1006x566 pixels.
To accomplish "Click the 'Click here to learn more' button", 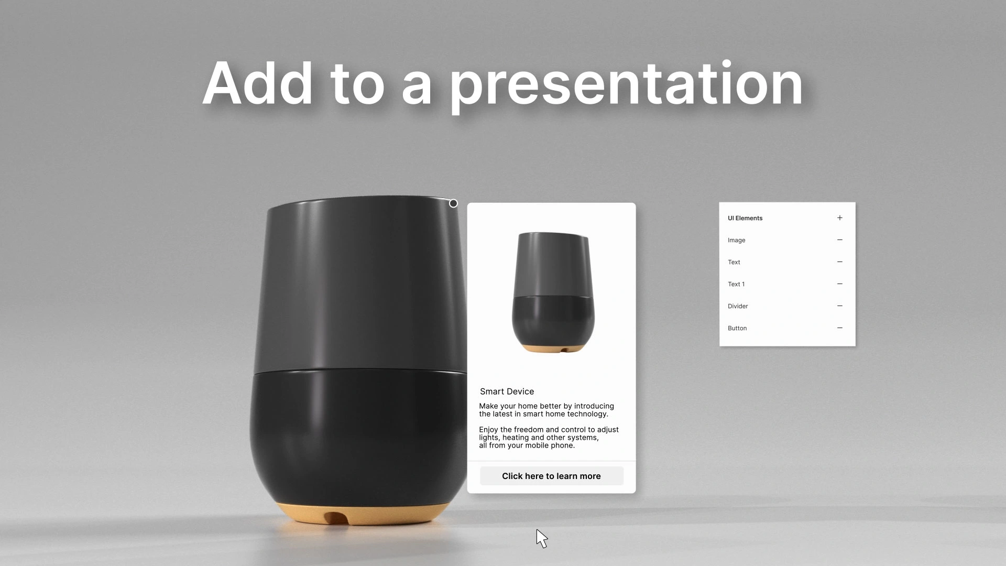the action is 551,476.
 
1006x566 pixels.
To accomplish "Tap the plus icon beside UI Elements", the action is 840,218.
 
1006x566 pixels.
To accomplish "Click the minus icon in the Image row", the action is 840,240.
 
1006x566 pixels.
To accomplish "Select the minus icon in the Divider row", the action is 840,306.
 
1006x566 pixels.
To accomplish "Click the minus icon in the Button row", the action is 840,328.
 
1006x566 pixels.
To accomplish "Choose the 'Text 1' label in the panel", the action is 736,284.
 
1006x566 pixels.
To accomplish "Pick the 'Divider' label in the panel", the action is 738,306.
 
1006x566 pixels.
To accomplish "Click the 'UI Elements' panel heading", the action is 745,218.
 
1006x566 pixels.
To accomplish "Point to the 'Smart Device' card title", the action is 507,391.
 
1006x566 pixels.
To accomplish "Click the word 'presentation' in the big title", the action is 627,85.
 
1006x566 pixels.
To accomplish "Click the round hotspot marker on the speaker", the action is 453,203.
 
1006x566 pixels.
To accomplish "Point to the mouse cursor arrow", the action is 541,538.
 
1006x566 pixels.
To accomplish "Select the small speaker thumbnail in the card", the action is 553,292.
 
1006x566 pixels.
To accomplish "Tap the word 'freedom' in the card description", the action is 532,430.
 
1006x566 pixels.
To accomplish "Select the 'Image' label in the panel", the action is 736,240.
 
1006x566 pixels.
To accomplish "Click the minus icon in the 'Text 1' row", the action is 840,284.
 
